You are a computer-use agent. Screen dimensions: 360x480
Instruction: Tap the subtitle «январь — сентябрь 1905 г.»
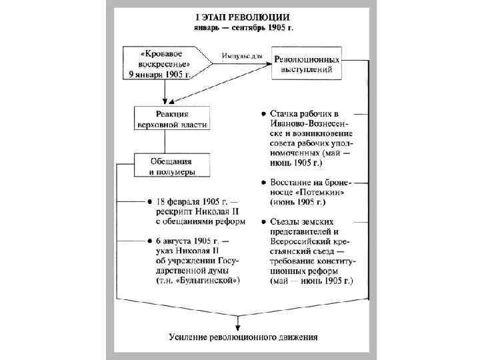tap(242, 29)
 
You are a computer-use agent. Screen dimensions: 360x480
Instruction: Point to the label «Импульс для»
tap(240, 56)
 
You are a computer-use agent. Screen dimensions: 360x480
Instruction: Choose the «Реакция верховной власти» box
tap(172, 119)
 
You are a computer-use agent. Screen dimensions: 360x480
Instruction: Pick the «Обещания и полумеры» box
tap(171, 166)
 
